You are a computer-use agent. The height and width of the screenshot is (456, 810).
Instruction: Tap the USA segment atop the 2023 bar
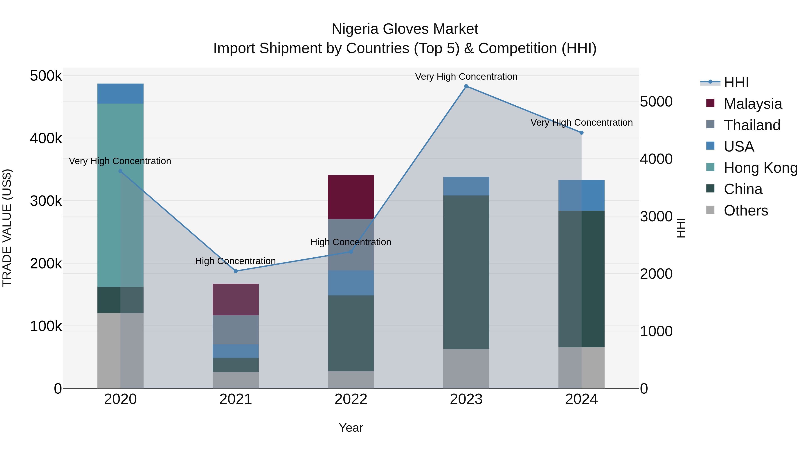click(466, 186)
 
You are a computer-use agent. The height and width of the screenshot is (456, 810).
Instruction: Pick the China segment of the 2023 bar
click(466, 272)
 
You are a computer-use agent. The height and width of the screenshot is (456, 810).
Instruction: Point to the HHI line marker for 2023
click(466, 86)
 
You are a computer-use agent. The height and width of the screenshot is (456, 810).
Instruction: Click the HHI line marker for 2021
click(236, 271)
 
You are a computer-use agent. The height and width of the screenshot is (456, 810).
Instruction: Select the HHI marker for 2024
click(581, 133)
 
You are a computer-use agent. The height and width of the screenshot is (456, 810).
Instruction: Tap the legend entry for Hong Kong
click(760, 168)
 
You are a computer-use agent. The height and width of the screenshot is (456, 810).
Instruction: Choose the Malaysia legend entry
click(752, 104)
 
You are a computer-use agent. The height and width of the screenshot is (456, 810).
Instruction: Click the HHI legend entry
click(736, 82)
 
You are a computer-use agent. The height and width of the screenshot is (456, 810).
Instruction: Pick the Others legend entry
click(746, 211)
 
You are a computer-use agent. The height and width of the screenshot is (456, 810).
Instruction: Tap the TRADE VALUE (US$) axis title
click(7, 228)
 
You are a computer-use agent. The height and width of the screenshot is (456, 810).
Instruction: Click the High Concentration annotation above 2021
click(236, 261)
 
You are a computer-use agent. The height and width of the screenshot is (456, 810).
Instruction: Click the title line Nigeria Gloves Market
click(405, 29)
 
